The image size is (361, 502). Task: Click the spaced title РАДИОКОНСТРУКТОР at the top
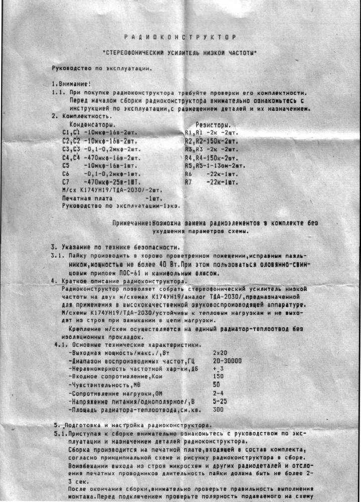179,37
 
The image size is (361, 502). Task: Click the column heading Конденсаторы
92,124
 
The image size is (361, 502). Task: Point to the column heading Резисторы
214,124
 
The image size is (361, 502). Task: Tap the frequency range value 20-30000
227,361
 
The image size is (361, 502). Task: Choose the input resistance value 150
218,376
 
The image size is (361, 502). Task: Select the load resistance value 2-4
218,393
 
